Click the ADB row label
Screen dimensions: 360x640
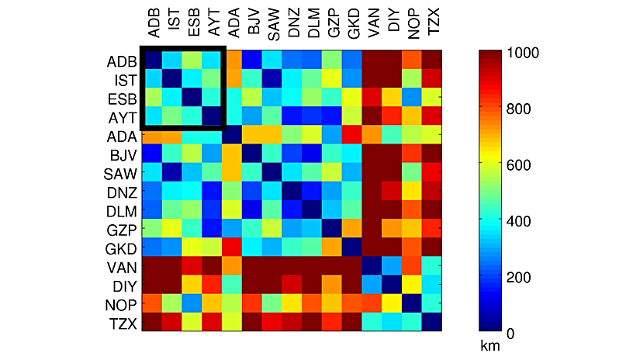click(121, 61)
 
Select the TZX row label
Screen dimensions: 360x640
click(121, 323)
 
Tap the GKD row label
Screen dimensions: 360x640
click(121, 248)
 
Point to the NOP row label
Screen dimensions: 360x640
click(121, 304)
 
